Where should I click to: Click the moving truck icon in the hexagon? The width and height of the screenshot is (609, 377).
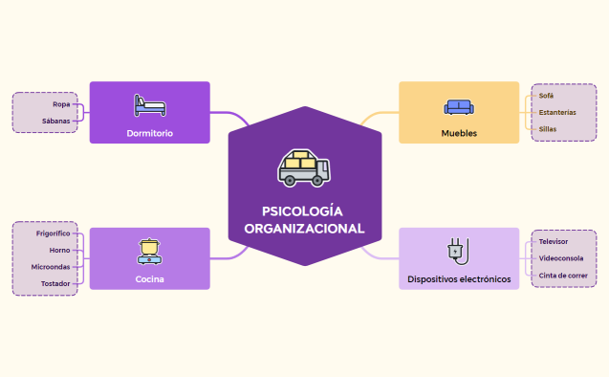click(305, 167)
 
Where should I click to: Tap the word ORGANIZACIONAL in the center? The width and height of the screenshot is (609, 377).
click(305, 229)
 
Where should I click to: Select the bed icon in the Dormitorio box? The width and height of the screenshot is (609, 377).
click(149, 104)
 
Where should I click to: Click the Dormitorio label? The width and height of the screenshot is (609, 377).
click(149, 133)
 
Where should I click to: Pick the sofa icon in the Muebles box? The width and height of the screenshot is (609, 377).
click(458, 106)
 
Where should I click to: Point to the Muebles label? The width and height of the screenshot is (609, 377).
click(459, 133)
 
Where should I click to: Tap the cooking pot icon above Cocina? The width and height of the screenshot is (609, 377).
click(149, 251)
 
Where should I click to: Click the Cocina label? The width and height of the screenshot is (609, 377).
click(149, 279)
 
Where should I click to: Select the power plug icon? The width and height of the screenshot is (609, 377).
click(458, 251)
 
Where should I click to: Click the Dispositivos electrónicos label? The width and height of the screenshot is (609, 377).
click(459, 279)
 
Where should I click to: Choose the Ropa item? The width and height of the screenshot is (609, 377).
click(61, 103)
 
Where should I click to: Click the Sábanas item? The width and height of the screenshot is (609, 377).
click(55, 121)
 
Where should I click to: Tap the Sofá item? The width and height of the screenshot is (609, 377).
click(546, 96)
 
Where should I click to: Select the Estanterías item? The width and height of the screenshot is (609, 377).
click(557, 112)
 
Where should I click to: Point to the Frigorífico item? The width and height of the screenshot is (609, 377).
click(53, 233)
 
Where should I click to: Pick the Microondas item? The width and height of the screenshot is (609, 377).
click(50, 267)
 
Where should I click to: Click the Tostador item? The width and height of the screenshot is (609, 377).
click(54, 283)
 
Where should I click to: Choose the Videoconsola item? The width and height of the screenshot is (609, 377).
click(560, 258)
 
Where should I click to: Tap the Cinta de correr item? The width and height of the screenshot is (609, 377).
click(563, 275)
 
